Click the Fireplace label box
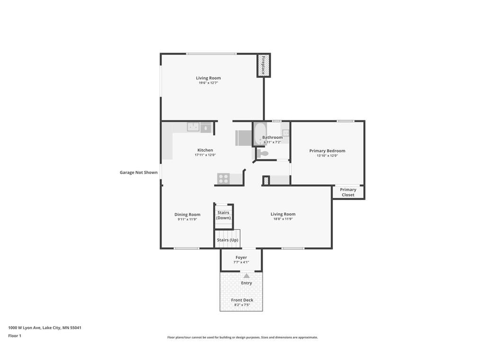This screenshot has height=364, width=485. (x=264, y=65)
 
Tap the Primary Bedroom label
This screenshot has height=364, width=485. (x=327, y=151)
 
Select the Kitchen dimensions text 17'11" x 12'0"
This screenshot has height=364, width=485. (x=205, y=155)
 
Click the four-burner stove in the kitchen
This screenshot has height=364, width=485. (x=223, y=179)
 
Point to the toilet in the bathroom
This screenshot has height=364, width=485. (x=262, y=153)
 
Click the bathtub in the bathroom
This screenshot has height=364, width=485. (x=260, y=134)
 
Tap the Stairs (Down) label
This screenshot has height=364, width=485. (x=224, y=215)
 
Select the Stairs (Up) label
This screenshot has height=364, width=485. (x=228, y=240)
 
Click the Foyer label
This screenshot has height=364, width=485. (x=241, y=257)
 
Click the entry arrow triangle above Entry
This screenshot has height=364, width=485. (x=246, y=276)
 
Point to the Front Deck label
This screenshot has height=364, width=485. (x=242, y=300)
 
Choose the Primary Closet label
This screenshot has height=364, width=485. (x=348, y=192)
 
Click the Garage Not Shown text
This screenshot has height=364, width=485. (x=139, y=173)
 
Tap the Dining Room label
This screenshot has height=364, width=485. (x=188, y=215)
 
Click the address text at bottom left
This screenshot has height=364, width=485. (x=45, y=328)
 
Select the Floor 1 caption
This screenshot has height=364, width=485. (x=15, y=336)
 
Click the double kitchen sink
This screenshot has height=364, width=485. (x=193, y=127)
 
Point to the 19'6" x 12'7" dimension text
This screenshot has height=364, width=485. (x=208, y=83)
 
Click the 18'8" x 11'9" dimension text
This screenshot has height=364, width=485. (x=283, y=219)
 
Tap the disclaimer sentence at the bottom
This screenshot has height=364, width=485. (x=242, y=337)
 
